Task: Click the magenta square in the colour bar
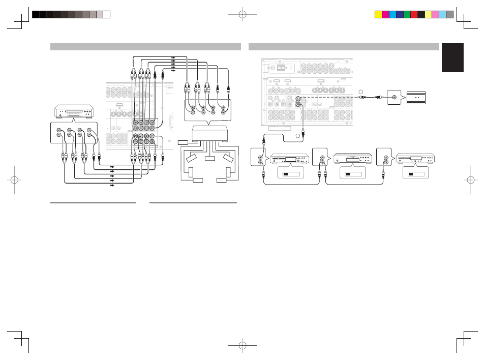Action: click(x=385, y=15)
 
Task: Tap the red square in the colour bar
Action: click(x=414, y=15)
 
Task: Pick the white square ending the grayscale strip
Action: click(x=107, y=15)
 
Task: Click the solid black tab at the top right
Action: click(x=452, y=57)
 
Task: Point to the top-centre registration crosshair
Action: click(x=243, y=15)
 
